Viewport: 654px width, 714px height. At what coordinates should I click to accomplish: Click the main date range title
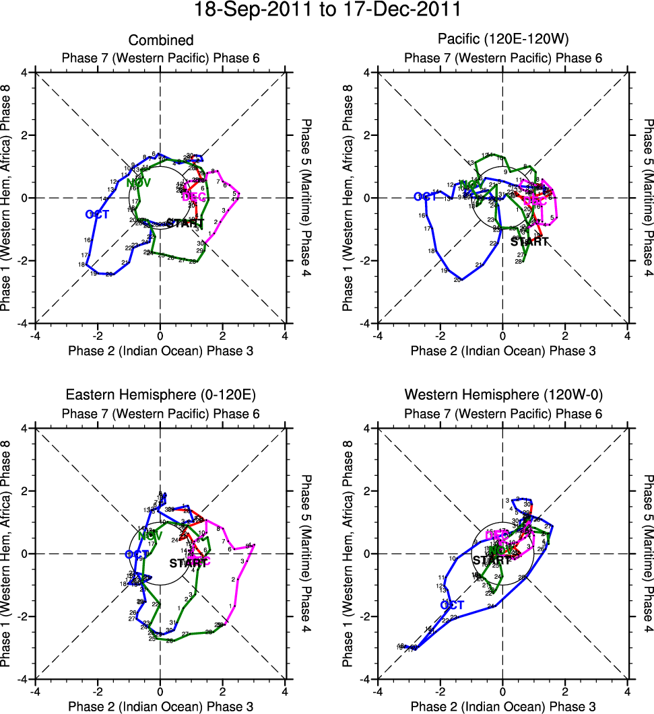[x=327, y=10]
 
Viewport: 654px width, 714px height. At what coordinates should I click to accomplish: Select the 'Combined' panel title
[x=160, y=41]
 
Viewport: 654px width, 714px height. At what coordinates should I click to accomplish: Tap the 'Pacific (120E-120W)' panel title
[x=503, y=41]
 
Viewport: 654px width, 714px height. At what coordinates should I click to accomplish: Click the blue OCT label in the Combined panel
[x=98, y=215]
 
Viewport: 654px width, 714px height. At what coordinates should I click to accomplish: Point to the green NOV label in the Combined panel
[x=138, y=182]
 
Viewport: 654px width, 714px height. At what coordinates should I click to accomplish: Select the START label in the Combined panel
[x=185, y=223]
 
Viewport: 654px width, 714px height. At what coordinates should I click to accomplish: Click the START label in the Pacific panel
[x=529, y=242]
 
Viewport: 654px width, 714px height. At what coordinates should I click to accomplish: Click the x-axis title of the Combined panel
[x=160, y=351]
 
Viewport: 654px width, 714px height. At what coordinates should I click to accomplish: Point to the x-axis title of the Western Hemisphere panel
[x=503, y=706]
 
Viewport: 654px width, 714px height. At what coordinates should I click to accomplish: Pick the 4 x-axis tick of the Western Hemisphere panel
[x=628, y=690]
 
